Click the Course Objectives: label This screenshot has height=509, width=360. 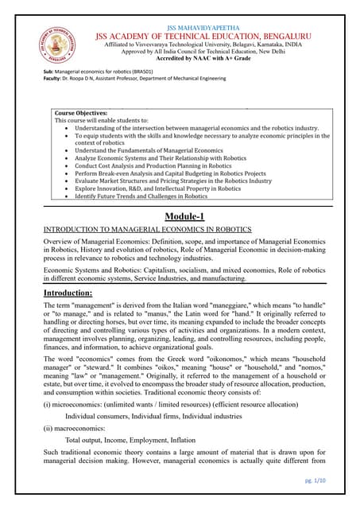[x=80, y=114]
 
